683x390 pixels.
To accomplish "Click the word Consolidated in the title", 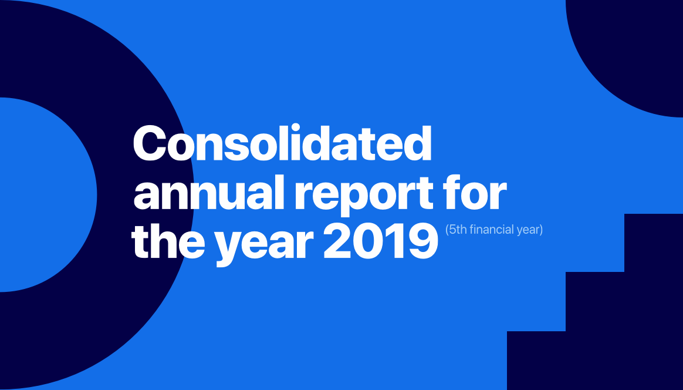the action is click(x=282, y=143).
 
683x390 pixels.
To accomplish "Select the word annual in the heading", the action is click(x=209, y=193).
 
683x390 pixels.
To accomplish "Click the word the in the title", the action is click(x=168, y=241).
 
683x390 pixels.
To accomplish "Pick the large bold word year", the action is click(x=265, y=246).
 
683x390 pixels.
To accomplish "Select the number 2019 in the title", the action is click(x=380, y=241).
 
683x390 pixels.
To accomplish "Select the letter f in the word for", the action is click(x=452, y=192).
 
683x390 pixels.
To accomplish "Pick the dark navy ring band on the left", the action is click(x=144, y=194).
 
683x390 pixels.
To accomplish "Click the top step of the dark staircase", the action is click(x=654, y=243).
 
